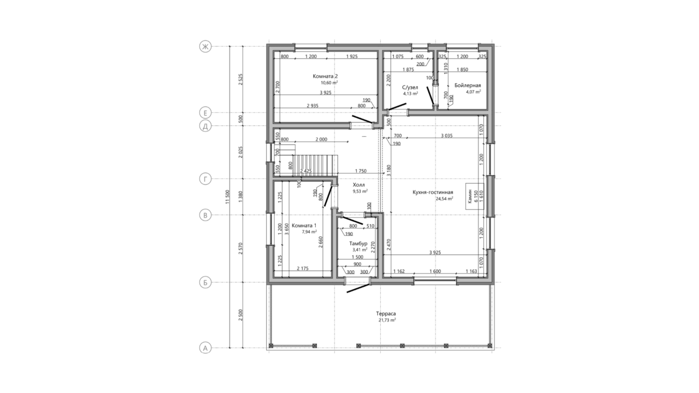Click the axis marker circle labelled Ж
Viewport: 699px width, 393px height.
pyautogui.click(x=205, y=47)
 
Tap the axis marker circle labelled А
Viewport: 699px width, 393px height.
pyautogui.click(x=205, y=348)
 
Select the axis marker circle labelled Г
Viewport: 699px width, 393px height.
pyautogui.click(x=205, y=179)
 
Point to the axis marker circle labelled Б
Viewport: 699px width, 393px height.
pyautogui.click(x=205, y=283)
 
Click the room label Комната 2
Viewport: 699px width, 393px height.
pyautogui.click(x=325, y=76)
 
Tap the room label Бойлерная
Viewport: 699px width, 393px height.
pyautogui.click(x=468, y=86)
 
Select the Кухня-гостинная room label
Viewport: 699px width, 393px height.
pyautogui.click(x=433, y=192)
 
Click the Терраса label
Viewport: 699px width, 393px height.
pyautogui.click(x=386, y=314)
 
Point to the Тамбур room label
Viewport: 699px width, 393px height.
pyautogui.click(x=358, y=244)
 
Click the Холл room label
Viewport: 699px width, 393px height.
pyautogui.click(x=359, y=185)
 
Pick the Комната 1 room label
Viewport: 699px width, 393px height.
pyautogui.click(x=304, y=225)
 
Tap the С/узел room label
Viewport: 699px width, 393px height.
pyautogui.click(x=410, y=87)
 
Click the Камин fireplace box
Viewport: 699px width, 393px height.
pyautogui.click(x=472, y=196)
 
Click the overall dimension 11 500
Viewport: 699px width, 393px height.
pyautogui.click(x=228, y=197)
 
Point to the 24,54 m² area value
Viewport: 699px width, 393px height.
pyautogui.click(x=444, y=198)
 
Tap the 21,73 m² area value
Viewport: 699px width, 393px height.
pyautogui.click(x=387, y=320)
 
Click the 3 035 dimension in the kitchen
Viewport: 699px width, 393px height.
pyautogui.click(x=447, y=136)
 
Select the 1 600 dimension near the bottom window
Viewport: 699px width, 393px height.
pyautogui.click(x=435, y=272)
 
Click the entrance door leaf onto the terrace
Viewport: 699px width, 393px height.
pyautogui.click(x=358, y=289)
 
